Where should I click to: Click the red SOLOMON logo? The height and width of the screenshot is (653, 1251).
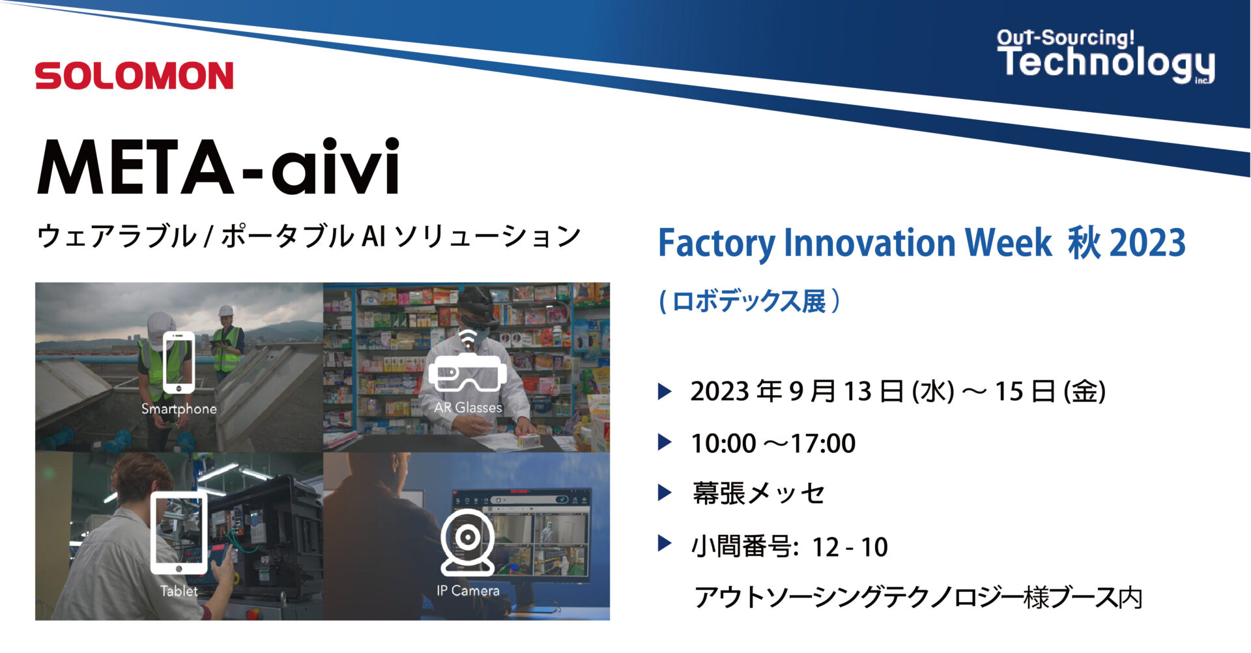(134, 76)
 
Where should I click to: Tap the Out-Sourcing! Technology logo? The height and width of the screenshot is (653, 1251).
(1106, 57)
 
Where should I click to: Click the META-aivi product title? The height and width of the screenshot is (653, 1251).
(218, 167)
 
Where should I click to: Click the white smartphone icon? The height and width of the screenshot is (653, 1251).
(179, 362)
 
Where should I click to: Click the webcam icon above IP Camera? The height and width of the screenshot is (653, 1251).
(467, 542)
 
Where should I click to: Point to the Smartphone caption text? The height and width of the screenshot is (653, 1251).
(179, 409)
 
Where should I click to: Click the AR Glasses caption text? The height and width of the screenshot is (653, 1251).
(468, 408)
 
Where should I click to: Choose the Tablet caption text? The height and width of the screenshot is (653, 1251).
(179, 591)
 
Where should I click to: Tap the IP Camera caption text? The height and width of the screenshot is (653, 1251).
(468, 591)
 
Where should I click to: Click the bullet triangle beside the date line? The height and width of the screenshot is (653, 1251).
(665, 391)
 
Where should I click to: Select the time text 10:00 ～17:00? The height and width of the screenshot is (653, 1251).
(773, 444)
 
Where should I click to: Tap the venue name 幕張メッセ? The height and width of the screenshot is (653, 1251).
(759, 493)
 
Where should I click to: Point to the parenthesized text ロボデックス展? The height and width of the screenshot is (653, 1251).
(749, 302)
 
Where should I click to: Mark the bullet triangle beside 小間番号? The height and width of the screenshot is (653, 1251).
(665, 543)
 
